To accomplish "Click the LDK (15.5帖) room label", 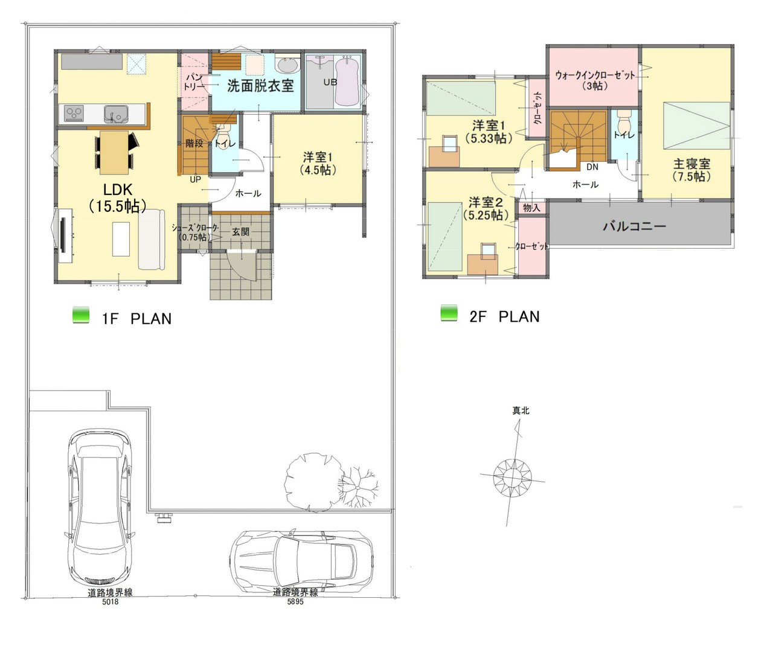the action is click(x=117, y=198).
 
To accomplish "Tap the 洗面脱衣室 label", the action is click(x=260, y=86).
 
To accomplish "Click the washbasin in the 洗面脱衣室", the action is click(x=287, y=65).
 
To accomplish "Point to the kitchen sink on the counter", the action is click(x=117, y=114).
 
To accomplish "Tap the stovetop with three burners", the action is click(x=74, y=114).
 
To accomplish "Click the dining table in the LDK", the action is click(x=114, y=152).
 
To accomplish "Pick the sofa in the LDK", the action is click(x=152, y=239).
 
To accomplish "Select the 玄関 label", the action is click(x=240, y=232).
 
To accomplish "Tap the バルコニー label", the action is click(x=634, y=226).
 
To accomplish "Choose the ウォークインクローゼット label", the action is click(x=595, y=80).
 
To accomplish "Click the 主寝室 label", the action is click(x=691, y=170).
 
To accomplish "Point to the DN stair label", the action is click(x=592, y=167).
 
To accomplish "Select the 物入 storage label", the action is click(x=531, y=208).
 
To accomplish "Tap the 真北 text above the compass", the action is click(x=521, y=411).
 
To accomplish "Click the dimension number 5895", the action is click(x=295, y=601).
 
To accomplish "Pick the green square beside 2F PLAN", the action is click(x=449, y=313).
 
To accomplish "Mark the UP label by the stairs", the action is click(x=195, y=179).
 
